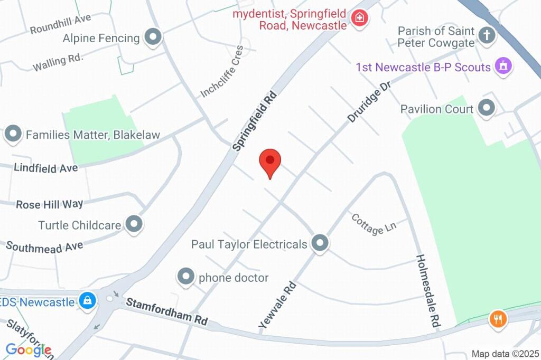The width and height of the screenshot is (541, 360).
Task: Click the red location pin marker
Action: pyautogui.click(x=270, y=160)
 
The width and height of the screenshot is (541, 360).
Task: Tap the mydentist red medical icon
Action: pyautogui.click(x=360, y=18)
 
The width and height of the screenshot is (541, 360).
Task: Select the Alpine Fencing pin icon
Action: pyautogui.click(x=153, y=37)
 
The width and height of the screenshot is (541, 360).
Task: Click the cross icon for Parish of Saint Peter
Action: pyautogui.click(x=486, y=36)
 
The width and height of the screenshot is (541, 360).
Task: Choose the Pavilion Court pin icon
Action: pyautogui.click(x=486, y=109)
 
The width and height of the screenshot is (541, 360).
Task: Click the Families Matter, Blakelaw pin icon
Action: pyautogui.click(x=13, y=135)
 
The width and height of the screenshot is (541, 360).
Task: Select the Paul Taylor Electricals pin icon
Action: pyautogui.click(x=319, y=243)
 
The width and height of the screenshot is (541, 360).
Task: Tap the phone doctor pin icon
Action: pyautogui.click(x=186, y=276)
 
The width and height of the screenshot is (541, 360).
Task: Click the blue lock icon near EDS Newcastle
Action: pyautogui.click(x=87, y=301)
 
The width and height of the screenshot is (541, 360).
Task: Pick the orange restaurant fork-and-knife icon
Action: pyautogui.click(x=498, y=318)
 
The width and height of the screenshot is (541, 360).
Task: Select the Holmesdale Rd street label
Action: pyautogui.click(x=428, y=291)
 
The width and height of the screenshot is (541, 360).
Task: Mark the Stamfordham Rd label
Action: pyautogui.click(x=166, y=312)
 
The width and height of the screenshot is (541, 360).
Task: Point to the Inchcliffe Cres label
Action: pyautogui.click(x=222, y=72)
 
